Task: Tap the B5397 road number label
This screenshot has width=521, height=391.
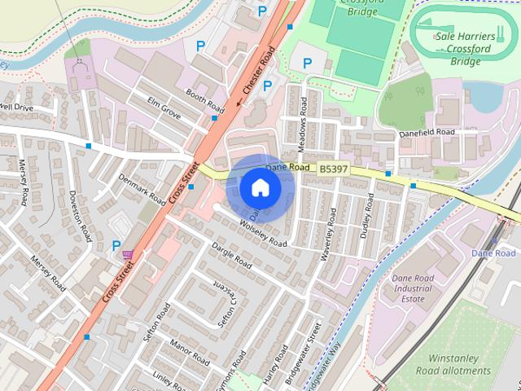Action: tap(333, 169)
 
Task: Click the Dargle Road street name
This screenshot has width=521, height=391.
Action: tap(232, 255)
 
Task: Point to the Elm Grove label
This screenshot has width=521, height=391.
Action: tap(164, 110)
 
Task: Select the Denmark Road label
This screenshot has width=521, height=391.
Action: tap(142, 189)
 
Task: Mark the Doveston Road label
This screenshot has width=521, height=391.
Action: tap(80, 215)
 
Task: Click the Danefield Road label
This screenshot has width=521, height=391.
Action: tap(427, 131)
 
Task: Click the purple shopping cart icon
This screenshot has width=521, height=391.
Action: tap(128, 255)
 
